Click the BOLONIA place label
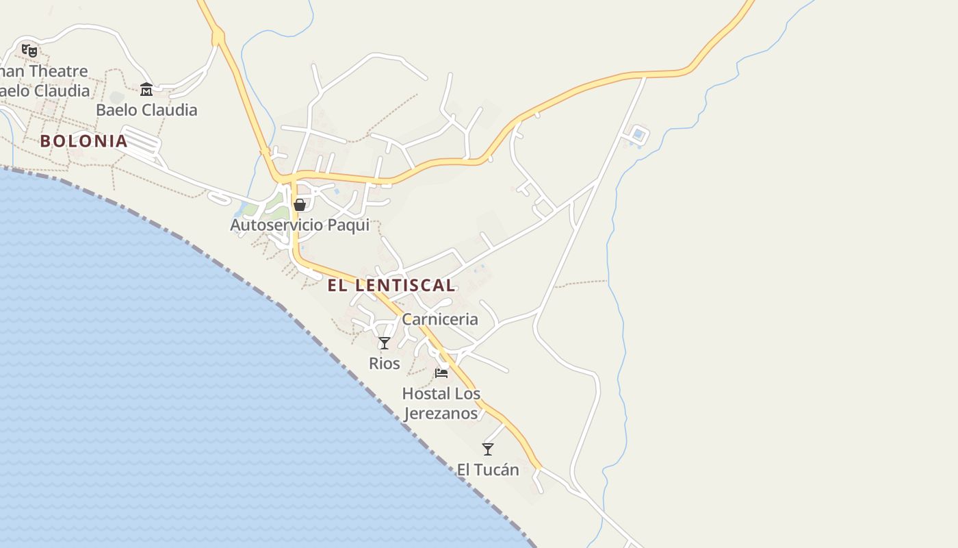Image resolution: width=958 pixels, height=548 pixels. click(83, 141)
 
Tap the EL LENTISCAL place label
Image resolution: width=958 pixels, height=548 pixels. click(391, 286)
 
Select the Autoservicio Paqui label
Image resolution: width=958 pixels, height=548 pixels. click(300, 225)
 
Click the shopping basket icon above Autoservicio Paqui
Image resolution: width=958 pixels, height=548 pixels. click(299, 204)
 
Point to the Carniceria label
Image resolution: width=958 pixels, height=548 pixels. click(440, 319)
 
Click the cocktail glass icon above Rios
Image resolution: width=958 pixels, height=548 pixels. click(385, 343)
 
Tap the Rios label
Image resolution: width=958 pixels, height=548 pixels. click(385, 364)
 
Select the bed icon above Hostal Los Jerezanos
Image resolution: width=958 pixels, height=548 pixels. click(441, 373)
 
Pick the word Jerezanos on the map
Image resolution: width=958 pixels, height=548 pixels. click(441, 414)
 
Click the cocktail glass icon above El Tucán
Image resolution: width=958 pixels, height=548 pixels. click(488, 449)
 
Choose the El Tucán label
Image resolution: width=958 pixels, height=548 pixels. click(488, 470)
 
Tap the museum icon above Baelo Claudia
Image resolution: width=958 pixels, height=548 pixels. click(146, 90)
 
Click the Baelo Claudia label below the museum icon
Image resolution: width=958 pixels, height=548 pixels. click(146, 110)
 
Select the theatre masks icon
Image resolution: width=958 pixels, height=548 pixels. click(29, 50)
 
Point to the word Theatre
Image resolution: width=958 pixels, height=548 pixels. click(58, 71)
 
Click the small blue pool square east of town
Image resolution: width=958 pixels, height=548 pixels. click(638, 134)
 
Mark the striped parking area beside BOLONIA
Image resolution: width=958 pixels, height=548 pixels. click(142, 142)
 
